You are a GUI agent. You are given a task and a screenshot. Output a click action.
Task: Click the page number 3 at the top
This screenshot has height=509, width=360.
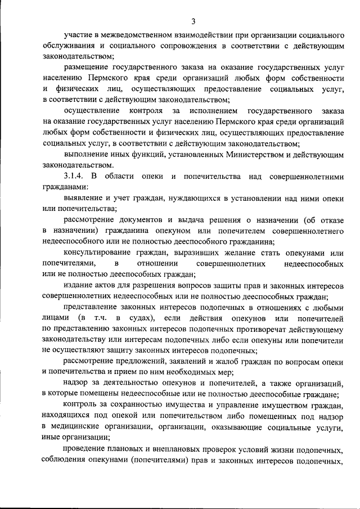point(193,22)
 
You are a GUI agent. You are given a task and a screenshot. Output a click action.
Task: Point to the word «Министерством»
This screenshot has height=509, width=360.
point(231,154)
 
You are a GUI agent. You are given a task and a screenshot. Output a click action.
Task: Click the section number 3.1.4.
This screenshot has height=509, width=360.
point(74,177)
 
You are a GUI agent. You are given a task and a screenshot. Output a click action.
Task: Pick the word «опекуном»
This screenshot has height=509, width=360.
point(169,231)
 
